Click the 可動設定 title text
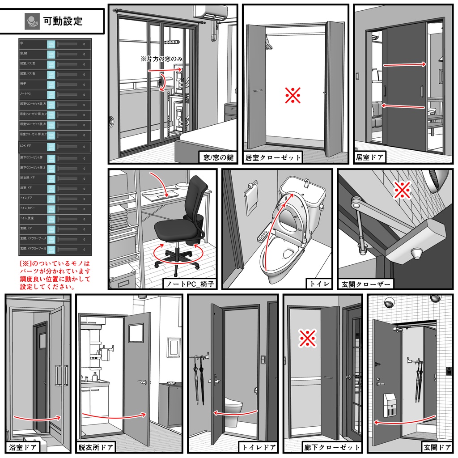coord(63,21)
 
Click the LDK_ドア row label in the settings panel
coord(25,146)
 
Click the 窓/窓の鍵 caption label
coord(218,157)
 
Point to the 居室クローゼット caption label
coord(273,157)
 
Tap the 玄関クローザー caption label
coord(366,284)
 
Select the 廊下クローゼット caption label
coord(331,447)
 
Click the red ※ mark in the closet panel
coord(293,95)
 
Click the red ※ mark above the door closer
coord(402,190)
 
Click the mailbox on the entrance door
coord(390,405)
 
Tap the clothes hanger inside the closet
coord(269,42)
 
